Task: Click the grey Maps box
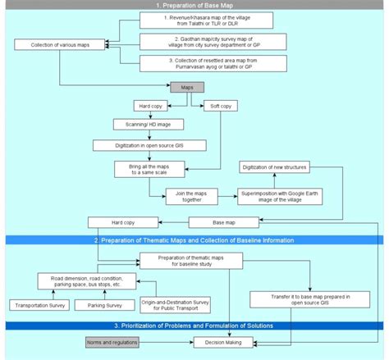coord(188,88)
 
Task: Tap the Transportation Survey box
coord(38,305)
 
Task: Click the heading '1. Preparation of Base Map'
coord(194,4)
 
